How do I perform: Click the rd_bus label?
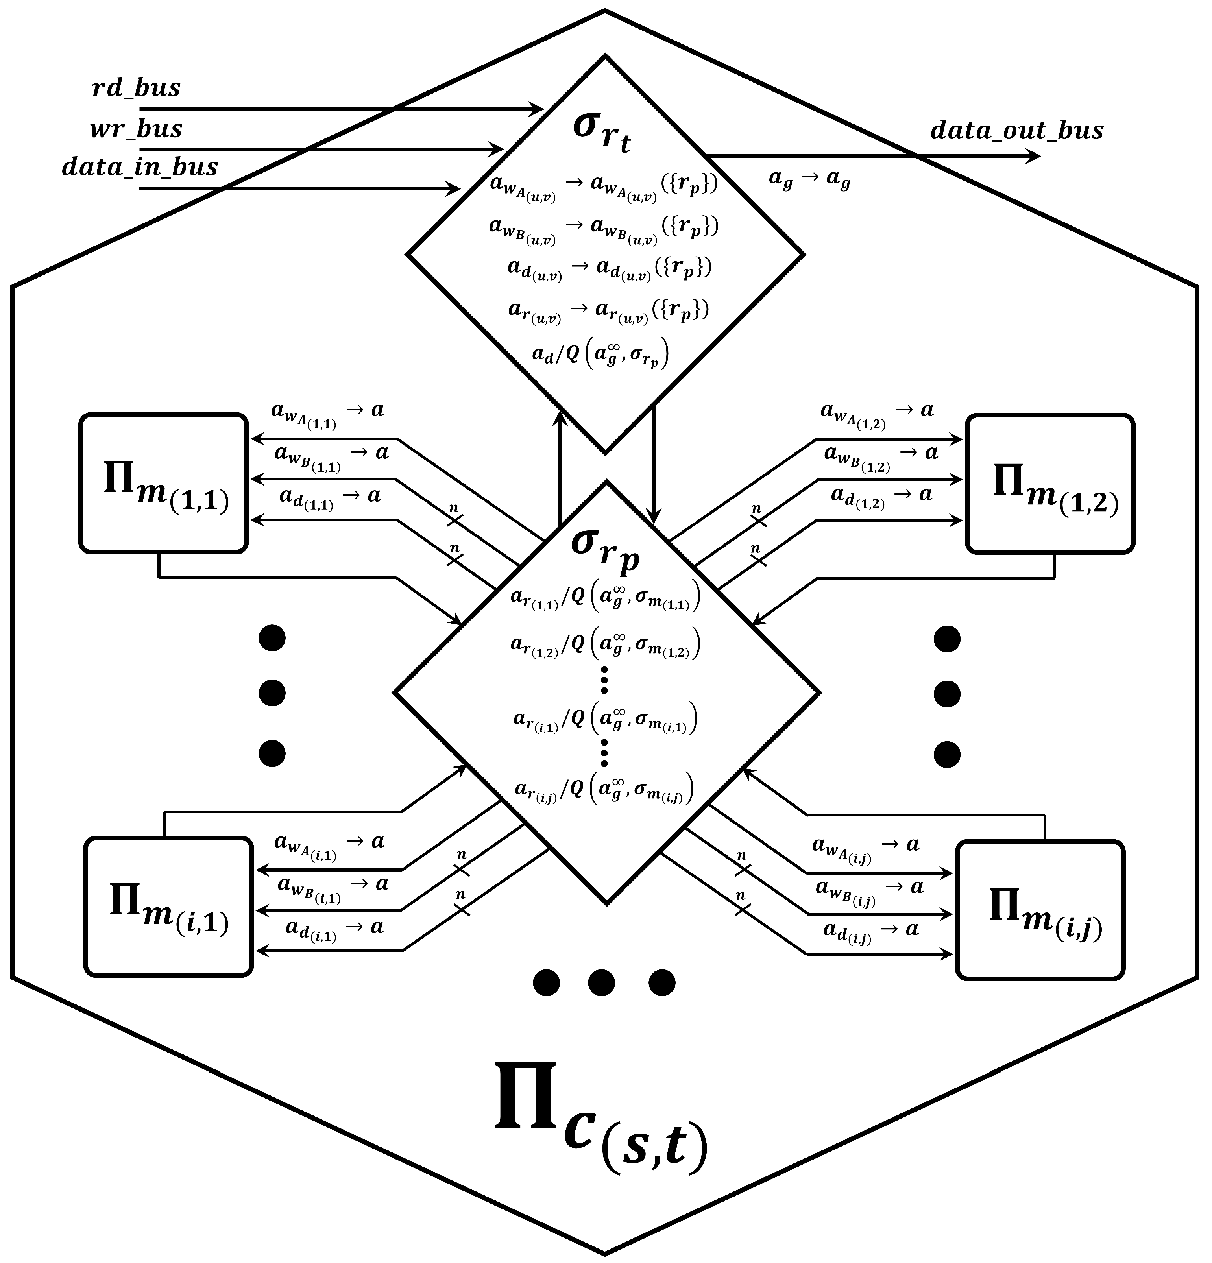pyautogui.click(x=136, y=88)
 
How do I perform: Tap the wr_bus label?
pyautogui.click(x=136, y=129)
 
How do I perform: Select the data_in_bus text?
pyautogui.click(x=140, y=168)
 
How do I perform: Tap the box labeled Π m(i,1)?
pyautogui.click(x=168, y=907)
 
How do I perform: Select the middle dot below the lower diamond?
pyautogui.click(x=601, y=983)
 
